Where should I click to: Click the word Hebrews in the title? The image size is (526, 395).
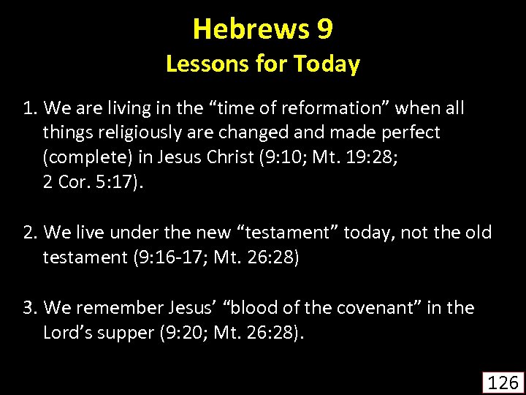[x=248, y=29]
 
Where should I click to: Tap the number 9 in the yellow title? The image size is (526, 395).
[x=325, y=29]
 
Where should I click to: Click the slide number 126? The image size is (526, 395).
[x=503, y=382]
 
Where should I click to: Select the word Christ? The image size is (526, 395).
[x=226, y=157]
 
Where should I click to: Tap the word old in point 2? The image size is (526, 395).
[x=478, y=233]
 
